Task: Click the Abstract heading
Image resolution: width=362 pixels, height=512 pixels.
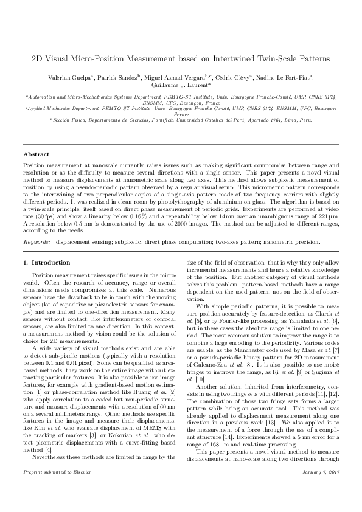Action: [x=36, y=155]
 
